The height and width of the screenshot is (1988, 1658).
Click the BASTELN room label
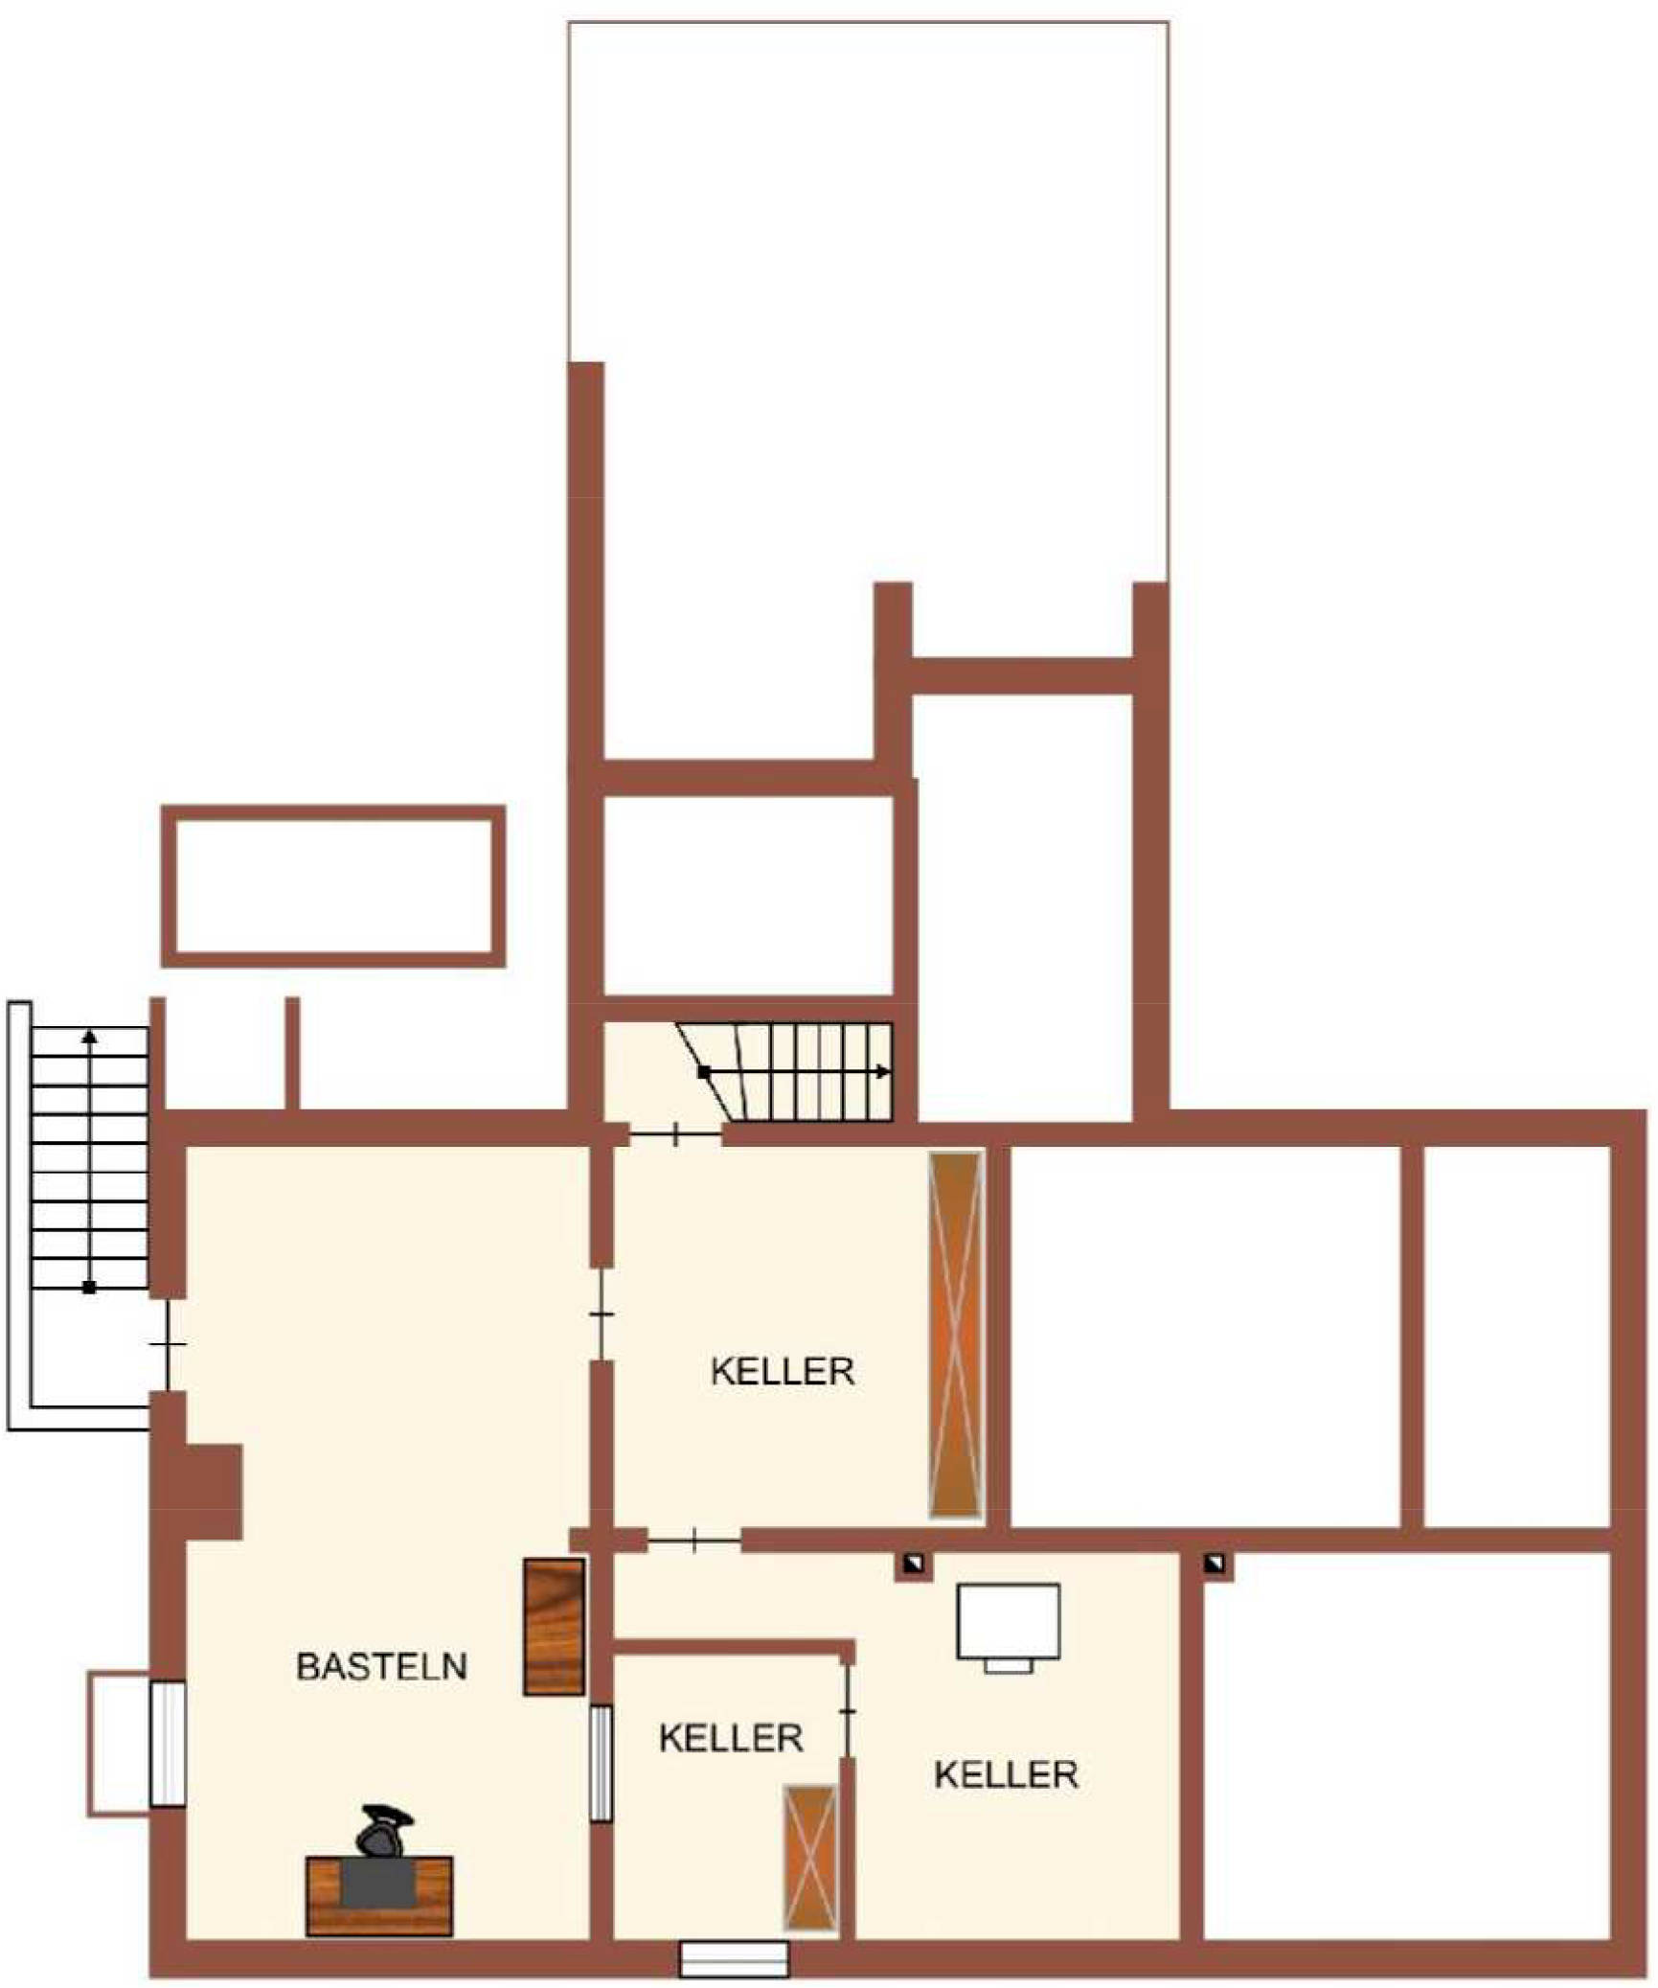click(381, 1666)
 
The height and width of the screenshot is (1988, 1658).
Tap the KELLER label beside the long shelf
click(783, 1371)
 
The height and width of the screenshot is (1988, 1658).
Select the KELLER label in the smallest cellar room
click(731, 1738)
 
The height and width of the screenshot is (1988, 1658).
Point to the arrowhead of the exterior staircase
click(89, 1036)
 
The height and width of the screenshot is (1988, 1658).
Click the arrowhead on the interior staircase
click(884, 1072)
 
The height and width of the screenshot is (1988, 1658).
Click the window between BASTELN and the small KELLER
click(601, 1763)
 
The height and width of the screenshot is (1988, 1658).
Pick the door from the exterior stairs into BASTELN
click(168, 1344)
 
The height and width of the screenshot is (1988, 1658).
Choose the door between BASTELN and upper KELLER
click(601, 1314)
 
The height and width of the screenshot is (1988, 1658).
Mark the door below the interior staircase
click(676, 1135)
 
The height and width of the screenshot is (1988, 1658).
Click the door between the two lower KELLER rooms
click(848, 1711)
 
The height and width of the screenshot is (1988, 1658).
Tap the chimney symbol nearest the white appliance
click(915, 1565)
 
